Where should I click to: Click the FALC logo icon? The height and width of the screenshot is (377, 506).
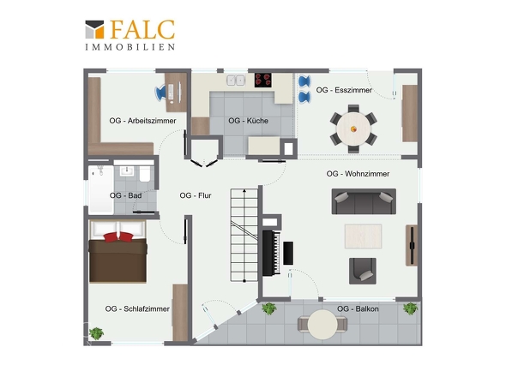(94, 29)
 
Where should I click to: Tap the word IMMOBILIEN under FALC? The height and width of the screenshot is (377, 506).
(130, 47)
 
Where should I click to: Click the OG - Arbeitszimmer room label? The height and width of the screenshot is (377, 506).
(142, 121)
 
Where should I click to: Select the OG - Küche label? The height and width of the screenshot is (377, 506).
(248, 121)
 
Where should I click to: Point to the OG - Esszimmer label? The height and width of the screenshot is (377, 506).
(344, 90)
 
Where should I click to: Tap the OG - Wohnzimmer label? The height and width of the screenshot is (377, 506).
(358, 174)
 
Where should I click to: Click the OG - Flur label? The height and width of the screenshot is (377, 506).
(196, 195)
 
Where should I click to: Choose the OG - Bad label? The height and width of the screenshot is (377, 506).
(125, 195)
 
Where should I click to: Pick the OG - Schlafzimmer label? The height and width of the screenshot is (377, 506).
(137, 309)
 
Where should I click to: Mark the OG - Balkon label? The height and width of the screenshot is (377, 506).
(358, 309)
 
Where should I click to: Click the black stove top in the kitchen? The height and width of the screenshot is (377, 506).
(263, 80)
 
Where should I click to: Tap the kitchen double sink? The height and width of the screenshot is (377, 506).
(236, 81)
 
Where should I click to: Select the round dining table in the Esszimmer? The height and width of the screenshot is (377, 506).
(353, 129)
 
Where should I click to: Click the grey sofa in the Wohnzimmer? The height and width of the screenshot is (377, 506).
(364, 201)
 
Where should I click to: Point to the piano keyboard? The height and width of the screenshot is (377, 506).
(275, 253)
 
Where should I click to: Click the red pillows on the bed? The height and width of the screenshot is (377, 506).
(118, 237)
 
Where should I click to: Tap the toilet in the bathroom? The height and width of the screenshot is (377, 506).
(145, 174)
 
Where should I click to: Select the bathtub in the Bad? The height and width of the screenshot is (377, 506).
(101, 189)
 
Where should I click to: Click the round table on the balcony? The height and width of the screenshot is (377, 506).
(322, 325)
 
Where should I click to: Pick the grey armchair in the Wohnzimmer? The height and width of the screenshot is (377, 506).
(363, 271)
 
